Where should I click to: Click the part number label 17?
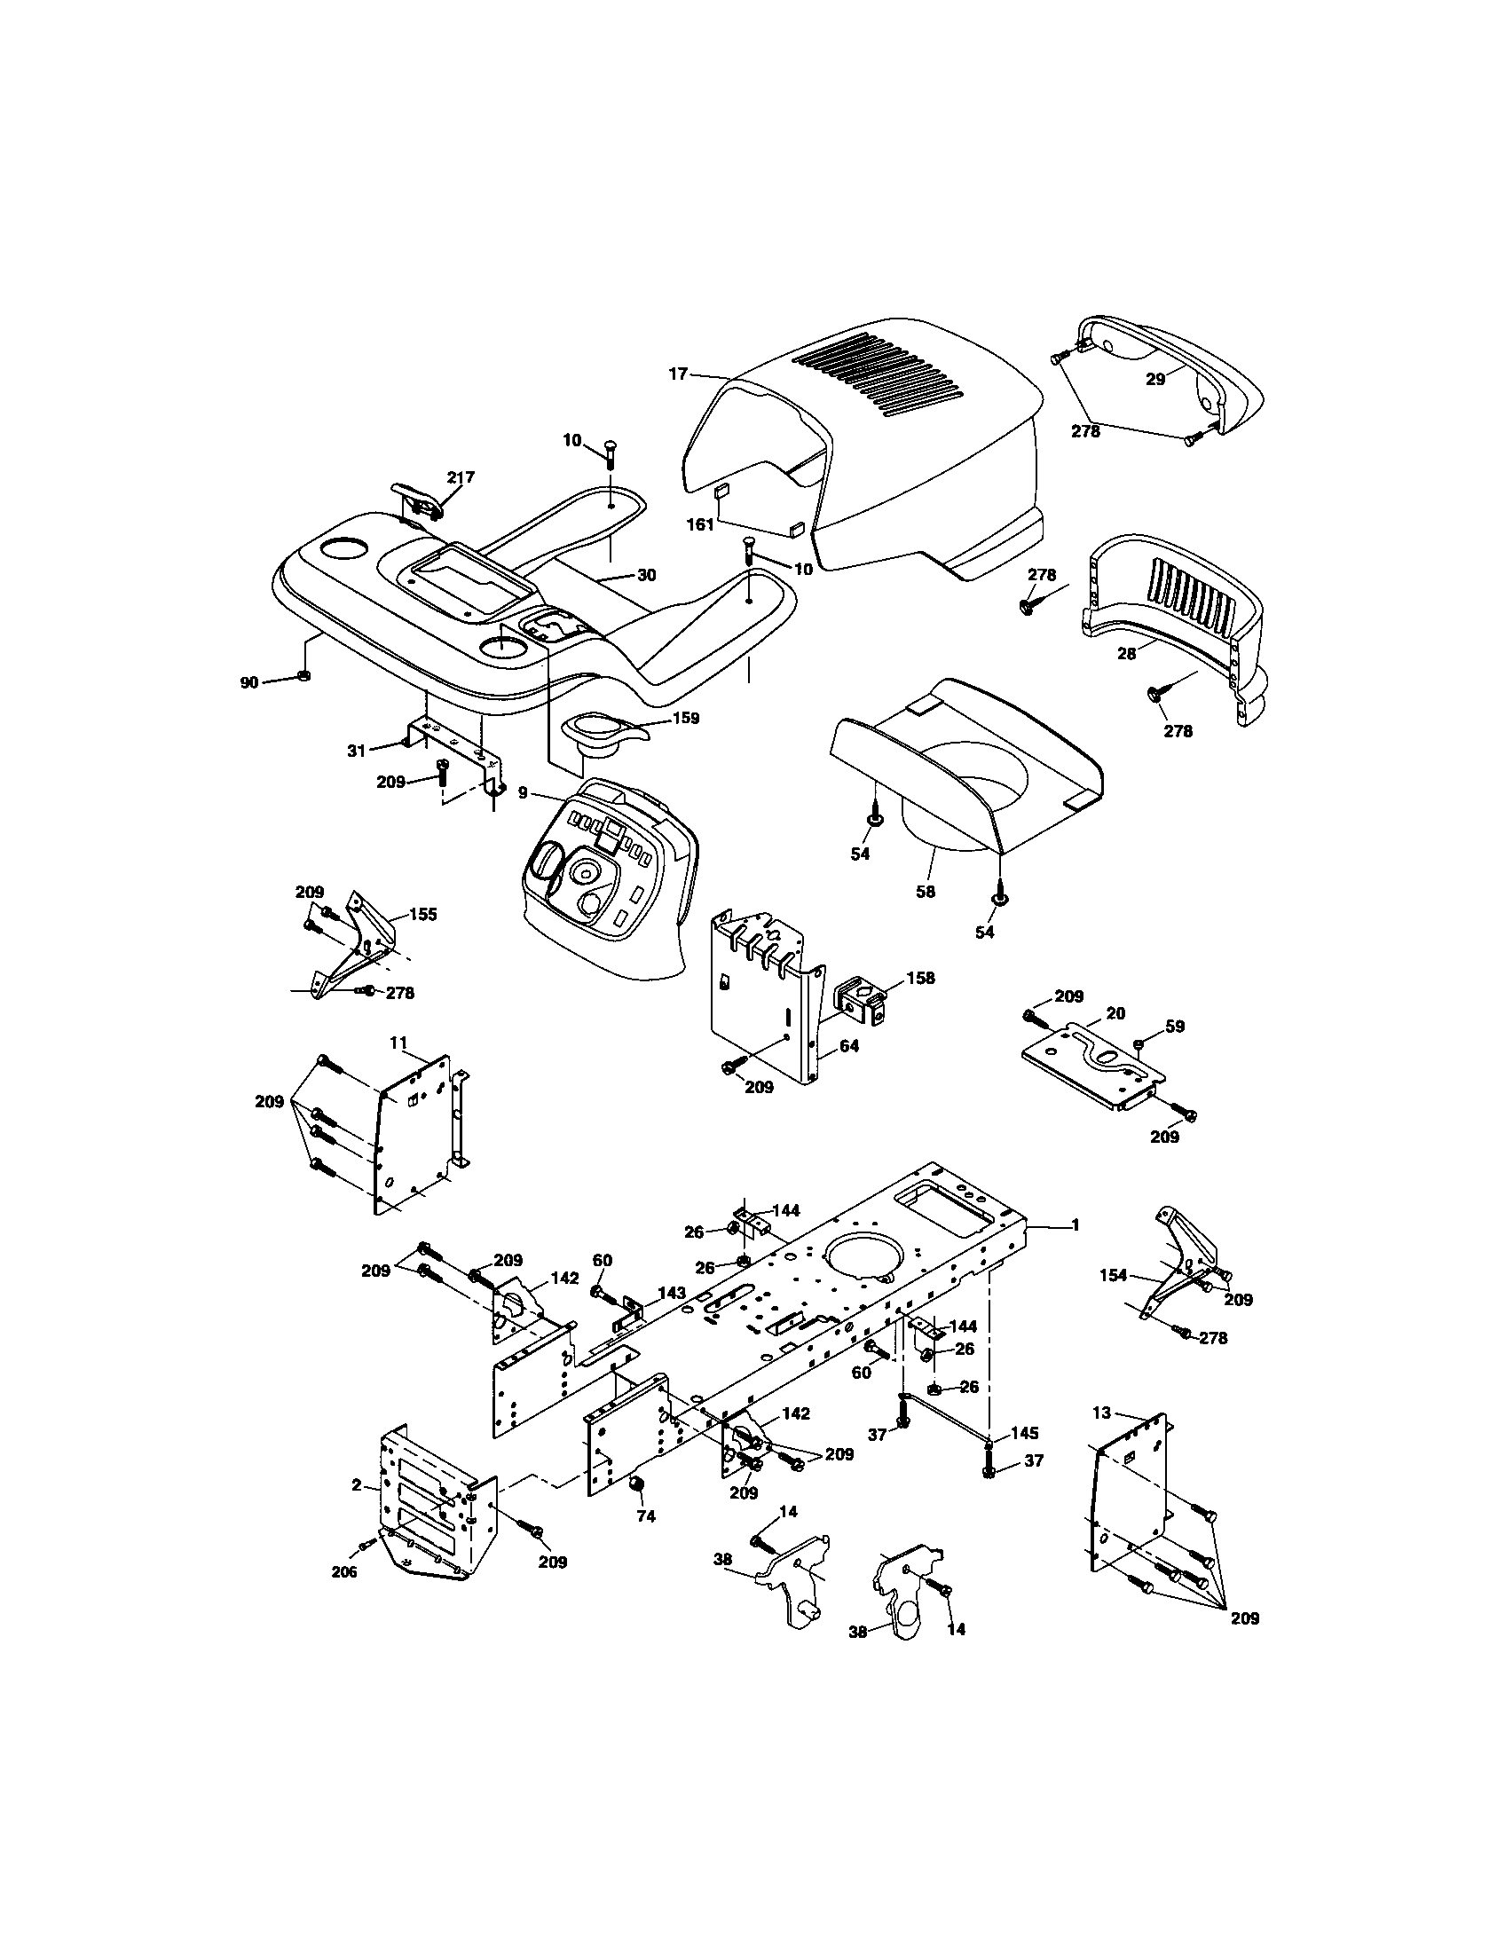coord(678,374)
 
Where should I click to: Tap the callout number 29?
coord(1155,379)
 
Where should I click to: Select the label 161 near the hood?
coord(700,524)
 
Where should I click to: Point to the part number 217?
coord(461,477)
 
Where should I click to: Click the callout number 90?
coord(248,683)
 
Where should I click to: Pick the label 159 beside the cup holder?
coord(685,718)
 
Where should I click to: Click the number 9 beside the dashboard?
coord(523,791)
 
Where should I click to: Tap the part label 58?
coord(926,891)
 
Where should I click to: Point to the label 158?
coord(920,978)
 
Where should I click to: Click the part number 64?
coord(849,1045)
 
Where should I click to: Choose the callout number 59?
coord(1174,1027)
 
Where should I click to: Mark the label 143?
coord(672,1293)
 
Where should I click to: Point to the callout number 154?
coord(1114,1275)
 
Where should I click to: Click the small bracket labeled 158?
coord(863,1002)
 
